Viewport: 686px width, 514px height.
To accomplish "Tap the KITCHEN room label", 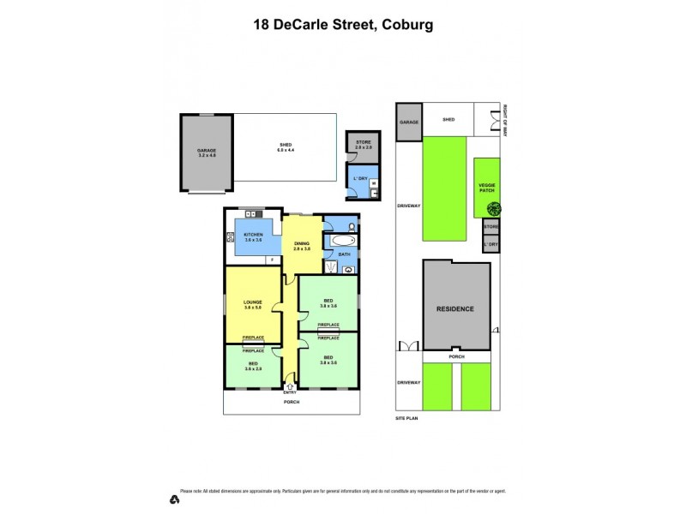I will click(252, 236).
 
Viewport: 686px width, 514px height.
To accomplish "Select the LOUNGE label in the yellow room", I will click(251, 302).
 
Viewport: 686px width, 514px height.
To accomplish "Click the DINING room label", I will click(301, 244).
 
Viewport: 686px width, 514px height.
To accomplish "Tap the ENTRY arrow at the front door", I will click(290, 387).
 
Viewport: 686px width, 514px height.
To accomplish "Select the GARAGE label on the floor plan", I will click(207, 151).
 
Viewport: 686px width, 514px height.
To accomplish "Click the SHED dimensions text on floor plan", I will click(286, 151).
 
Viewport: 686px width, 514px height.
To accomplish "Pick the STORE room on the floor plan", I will click(362, 144).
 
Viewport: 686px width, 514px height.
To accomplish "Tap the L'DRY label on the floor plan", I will click(360, 178).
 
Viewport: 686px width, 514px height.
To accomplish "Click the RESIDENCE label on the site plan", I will click(455, 309).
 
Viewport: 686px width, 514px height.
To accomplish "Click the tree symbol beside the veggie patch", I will click(496, 208).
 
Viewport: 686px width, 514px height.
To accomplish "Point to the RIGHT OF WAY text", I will click(505, 121).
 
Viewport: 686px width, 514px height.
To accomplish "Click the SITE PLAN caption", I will click(405, 420).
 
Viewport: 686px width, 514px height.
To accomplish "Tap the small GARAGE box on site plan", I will click(408, 123).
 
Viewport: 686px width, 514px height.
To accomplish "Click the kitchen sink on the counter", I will click(252, 214).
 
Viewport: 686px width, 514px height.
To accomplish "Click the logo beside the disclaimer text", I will click(173, 499).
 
